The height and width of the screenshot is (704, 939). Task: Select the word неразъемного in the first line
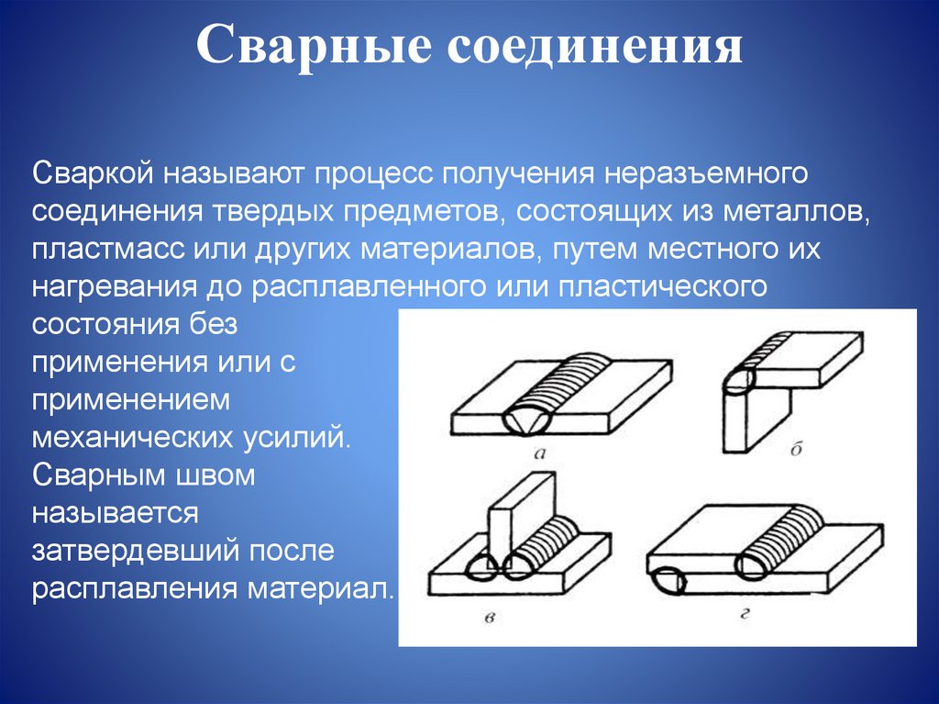point(700,173)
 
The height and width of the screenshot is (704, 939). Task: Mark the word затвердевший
point(125,551)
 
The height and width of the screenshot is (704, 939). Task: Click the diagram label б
point(795,449)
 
